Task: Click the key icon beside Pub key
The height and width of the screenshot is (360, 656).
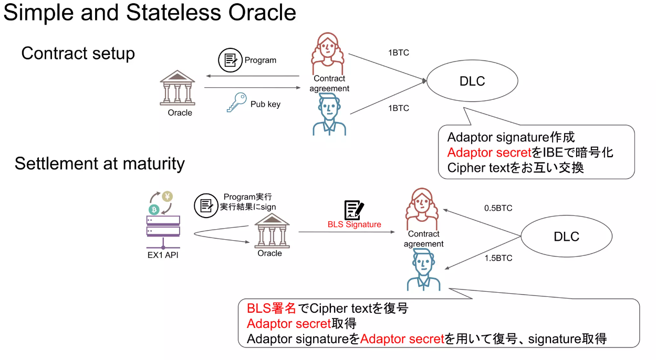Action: pos(236,102)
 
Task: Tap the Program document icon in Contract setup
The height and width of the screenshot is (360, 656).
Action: pos(229,59)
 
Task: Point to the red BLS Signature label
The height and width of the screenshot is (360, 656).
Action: pos(355,224)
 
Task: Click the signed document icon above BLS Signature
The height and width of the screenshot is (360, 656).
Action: pos(354,210)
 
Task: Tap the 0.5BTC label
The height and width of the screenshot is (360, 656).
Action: pos(498,208)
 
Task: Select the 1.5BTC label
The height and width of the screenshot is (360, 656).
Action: pos(498,258)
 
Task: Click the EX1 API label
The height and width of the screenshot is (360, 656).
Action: pos(164,256)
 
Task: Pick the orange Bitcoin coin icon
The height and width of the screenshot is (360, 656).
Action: pos(154,209)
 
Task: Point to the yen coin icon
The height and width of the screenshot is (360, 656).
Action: pos(168,197)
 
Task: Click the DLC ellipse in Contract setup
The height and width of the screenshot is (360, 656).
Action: pos(472,81)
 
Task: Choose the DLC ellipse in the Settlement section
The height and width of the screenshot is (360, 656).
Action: pos(566,236)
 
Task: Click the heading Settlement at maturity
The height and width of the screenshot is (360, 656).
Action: pos(99,163)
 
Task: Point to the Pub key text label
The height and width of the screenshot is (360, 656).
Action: pos(265,104)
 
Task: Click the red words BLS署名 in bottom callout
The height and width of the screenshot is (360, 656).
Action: pos(272,308)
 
